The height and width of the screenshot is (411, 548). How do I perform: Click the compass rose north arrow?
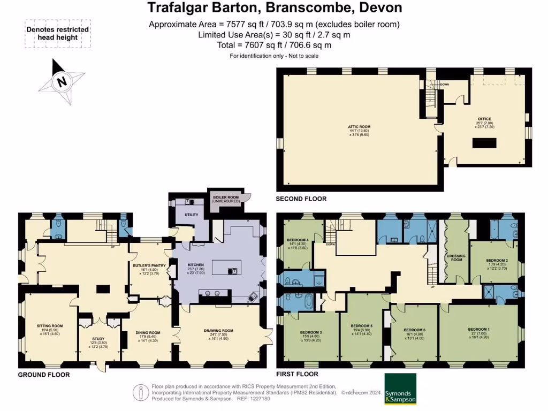(x=62, y=82)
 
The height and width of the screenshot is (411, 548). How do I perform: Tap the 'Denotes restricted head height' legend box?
(x=58, y=33)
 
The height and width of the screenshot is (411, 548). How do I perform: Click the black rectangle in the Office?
(x=484, y=143)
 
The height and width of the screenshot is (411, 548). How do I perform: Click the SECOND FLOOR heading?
(x=301, y=199)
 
